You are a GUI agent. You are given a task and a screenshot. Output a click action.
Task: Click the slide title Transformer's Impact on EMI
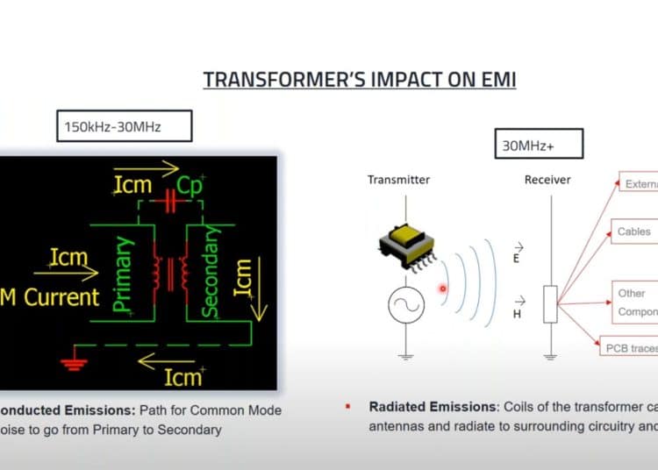click(360, 80)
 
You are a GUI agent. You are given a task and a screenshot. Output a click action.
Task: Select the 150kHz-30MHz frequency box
click(112, 127)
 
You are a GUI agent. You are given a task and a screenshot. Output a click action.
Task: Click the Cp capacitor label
click(189, 186)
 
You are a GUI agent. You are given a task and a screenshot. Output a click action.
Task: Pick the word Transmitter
click(399, 180)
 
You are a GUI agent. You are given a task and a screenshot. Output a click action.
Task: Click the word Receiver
click(547, 180)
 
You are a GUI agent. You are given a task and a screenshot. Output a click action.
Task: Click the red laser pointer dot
click(443, 288)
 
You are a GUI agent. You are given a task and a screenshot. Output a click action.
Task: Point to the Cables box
click(633, 231)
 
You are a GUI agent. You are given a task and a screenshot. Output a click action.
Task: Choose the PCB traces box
click(629, 347)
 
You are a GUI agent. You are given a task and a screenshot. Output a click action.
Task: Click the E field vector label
click(517, 253)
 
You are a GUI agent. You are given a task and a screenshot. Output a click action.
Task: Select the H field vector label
click(517, 306)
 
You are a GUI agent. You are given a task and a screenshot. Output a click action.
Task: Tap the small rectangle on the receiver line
click(550, 304)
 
